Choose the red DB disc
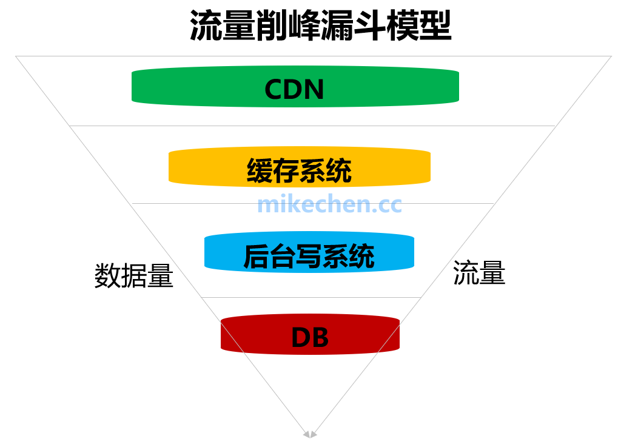tap(243, 335)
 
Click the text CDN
tap(295, 90)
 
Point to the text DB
tap(310, 338)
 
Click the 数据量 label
tap(134, 277)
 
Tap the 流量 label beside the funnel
tap(479, 274)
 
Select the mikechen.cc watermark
tap(329, 204)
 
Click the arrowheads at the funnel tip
tap(310, 434)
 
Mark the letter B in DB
tap(320, 338)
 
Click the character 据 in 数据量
tap(134, 277)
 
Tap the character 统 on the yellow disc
tap(339, 170)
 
